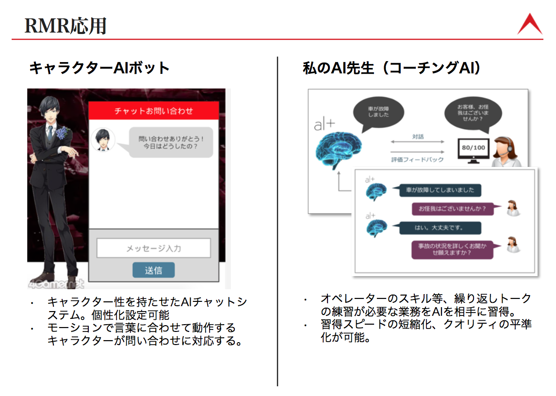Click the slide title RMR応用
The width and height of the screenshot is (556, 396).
pos(65,25)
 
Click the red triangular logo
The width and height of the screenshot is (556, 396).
pos(529,24)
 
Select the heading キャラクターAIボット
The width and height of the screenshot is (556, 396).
pos(99,67)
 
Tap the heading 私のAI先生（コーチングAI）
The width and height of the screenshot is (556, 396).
pos(392,68)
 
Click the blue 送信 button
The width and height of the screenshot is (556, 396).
pos(153,270)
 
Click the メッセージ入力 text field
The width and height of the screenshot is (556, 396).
pos(153,248)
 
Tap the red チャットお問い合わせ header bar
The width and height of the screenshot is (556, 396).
pos(153,111)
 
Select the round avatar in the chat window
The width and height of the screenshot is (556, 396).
pos(103,140)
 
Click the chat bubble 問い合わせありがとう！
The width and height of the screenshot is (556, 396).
pos(171,143)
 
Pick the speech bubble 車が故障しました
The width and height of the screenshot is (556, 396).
pos(378,113)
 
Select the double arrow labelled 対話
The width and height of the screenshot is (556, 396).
pos(417,141)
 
